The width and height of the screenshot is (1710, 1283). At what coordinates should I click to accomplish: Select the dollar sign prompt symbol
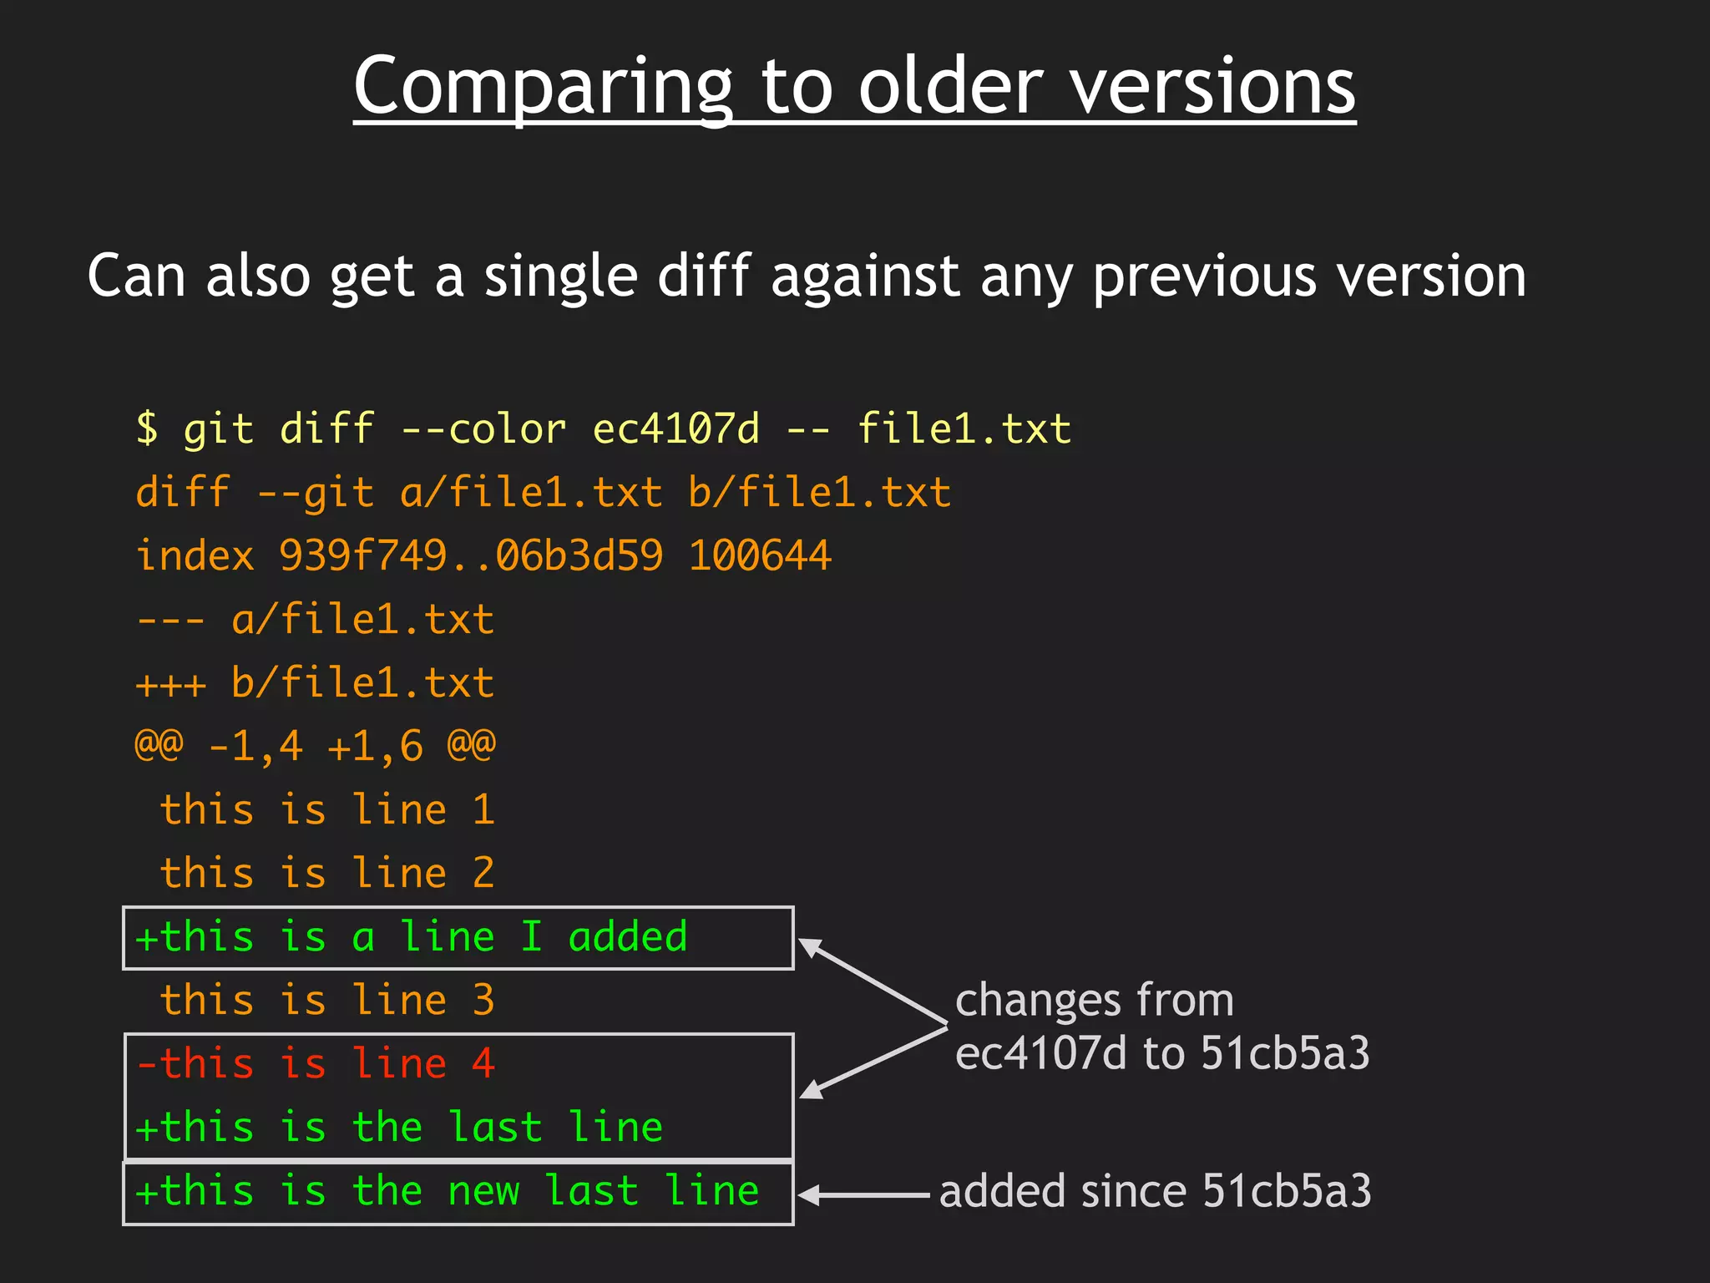(147, 429)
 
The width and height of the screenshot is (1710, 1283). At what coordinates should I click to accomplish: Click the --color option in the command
(483, 429)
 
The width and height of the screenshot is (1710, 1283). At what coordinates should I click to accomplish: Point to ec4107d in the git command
(675, 429)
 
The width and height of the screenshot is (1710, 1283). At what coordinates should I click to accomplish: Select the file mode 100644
(760, 556)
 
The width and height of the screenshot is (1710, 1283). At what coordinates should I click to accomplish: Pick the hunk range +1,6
(375, 747)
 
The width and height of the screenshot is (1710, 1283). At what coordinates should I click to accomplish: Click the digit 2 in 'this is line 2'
(483, 874)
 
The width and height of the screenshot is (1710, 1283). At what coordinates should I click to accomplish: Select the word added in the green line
(628, 937)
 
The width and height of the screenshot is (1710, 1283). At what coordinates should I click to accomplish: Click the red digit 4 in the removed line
(483, 1064)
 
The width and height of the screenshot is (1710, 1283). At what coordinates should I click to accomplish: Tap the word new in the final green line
(483, 1191)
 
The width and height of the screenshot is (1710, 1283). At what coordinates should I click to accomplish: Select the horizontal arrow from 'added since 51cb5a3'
(864, 1195)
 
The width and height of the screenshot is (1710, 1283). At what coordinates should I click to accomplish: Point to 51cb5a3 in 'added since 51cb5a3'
(1287, 1191)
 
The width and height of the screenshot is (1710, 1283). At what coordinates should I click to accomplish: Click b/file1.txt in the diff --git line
(819, 493)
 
